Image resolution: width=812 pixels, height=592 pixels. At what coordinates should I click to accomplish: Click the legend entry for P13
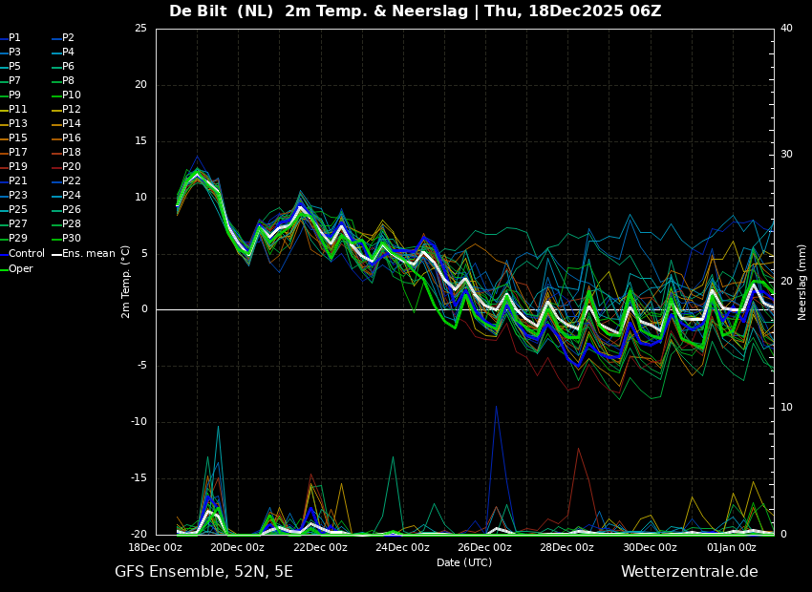click(18, 124)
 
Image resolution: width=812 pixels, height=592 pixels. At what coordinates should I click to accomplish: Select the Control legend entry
click(26, 254)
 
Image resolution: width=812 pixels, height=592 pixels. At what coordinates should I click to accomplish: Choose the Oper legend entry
click(21, 269)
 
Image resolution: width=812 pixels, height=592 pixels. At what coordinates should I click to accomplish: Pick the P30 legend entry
click(72, 239)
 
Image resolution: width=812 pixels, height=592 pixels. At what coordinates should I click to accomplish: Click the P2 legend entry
click(68, 38)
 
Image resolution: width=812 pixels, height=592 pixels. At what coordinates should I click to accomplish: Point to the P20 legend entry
click(72, 167)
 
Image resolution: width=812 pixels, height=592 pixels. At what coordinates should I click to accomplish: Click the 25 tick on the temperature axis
click(140, 29)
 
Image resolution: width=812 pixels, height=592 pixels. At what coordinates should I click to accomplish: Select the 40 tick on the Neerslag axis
click(786, 29)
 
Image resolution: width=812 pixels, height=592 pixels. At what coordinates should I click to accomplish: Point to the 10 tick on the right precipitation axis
click(786, 408)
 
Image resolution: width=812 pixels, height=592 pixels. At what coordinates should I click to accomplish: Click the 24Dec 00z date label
click(402, 548)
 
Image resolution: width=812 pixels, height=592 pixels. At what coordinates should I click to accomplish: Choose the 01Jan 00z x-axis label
click(732, 548)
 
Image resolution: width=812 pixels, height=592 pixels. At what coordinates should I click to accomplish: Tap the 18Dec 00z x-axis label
click(155, 548)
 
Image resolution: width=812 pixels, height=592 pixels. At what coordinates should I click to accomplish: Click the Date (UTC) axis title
click(464, 563)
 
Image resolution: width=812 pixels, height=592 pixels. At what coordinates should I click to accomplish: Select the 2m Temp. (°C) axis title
click(126, 282)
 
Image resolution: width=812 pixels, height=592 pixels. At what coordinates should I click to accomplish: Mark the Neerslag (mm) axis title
click(802, 282)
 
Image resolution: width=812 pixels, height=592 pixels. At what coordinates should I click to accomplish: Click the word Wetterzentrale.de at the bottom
click(689, 572)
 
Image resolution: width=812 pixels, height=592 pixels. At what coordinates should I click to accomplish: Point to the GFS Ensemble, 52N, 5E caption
click(203, 572)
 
